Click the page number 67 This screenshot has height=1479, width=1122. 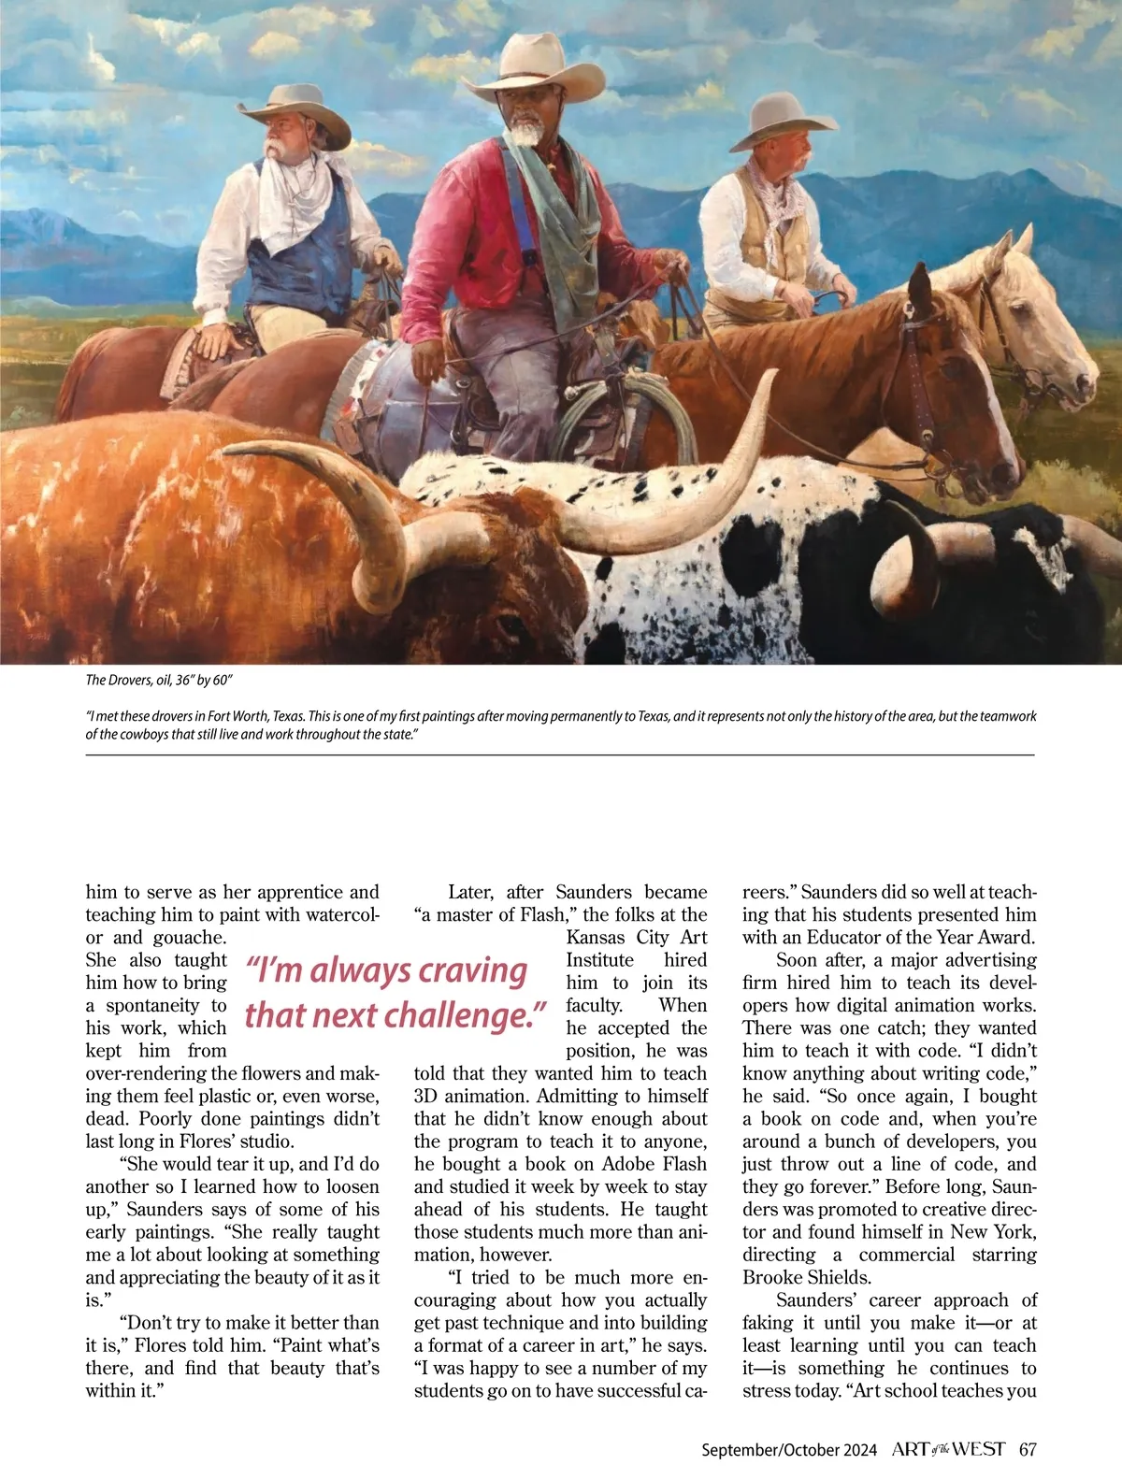click(1028, 1449)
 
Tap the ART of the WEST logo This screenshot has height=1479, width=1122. click(948, 1449)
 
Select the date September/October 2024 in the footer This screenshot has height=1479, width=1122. click(789, 1450)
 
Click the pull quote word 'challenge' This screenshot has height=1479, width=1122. click(465, 1015)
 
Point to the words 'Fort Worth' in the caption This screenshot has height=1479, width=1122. click(241, 716)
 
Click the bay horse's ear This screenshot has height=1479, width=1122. click(920, 285)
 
